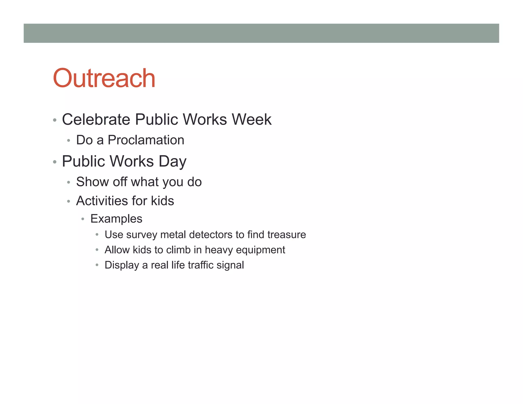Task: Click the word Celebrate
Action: click(x=96, y=120)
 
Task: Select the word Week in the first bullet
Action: click(x=252, y=120)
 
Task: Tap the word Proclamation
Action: click(x=146, y=140)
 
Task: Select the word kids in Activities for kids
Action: click(x=162, y=201)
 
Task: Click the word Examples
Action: click(x=116, y=219)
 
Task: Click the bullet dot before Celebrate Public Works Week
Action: click(x=55, y=120)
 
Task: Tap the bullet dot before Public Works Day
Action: click(x=55, y=162)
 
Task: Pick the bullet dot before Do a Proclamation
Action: click(x=68, y=140)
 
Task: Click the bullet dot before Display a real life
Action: click(x=97, y=265)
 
